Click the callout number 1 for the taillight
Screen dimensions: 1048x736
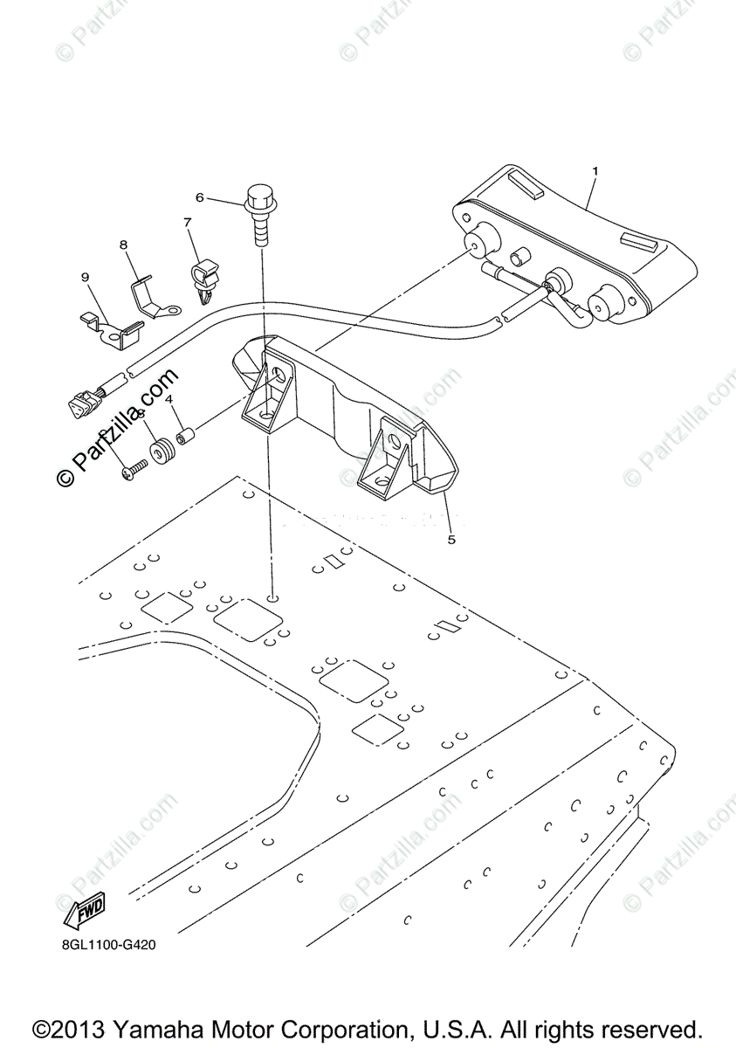pos(595,172)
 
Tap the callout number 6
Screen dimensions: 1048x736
pos(199,198)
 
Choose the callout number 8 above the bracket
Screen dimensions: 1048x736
pos(123,245)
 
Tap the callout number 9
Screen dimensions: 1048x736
pos(86,278)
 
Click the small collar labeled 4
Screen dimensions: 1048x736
pos(184,434)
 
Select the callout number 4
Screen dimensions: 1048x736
pos(169,399)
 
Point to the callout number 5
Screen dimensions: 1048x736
pos(451,539)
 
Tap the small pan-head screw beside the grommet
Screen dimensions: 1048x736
pos(134,472)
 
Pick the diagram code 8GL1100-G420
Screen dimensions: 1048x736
pos(108,944)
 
